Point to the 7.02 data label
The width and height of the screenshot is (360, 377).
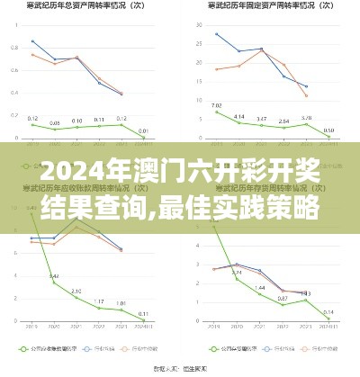pyautogui.click(x=217, y=106)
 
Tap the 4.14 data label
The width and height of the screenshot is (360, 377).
pyautogui.click(x=239, y=116)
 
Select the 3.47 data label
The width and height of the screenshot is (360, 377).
pyautogui.click(x=261, y=120)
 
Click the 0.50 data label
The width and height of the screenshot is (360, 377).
pyautogui.click(x=328, y=130)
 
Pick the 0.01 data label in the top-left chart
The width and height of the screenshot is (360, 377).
pyautogui.click(x=144, y=130)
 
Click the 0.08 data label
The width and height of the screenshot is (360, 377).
pyautogui.click(x=55, y=123)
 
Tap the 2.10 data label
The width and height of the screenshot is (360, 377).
pyautogui.click(x=77, y=292)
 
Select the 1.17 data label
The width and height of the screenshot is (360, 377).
pyautogui.click(x=99, y=301)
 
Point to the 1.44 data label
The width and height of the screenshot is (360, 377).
pyautogui.click(x=259, y=288)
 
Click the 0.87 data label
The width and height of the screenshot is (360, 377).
pyautogui.click(x=283, y=298)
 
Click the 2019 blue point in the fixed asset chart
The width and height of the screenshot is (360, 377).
pyautogui.click(x=217, y=34)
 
